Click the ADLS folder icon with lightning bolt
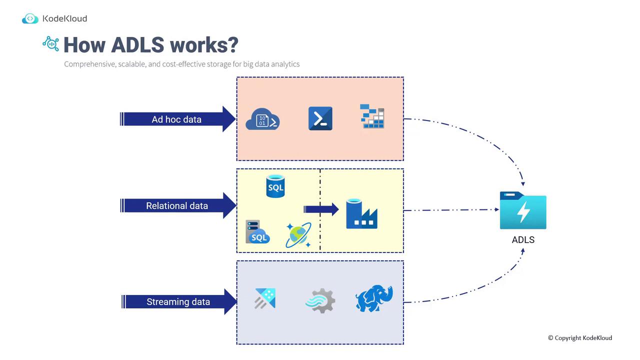point(523,210)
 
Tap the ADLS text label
point(523,240)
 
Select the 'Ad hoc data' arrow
point(177,119)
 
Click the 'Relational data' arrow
point(177,205)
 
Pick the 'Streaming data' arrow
point(178,301)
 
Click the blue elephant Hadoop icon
point(374,298)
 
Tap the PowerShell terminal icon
point(320,118)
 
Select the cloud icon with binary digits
point(262,120)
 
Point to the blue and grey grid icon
point(372,116)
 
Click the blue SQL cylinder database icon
point(275,186)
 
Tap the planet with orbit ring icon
point(298,235)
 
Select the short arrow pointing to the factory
point(321,209)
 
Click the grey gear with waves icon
point(320,301)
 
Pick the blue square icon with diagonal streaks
point(265,299)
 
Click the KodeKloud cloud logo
point(30,19)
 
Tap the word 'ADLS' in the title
point(137,44)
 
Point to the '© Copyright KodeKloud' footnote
point(579,338)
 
